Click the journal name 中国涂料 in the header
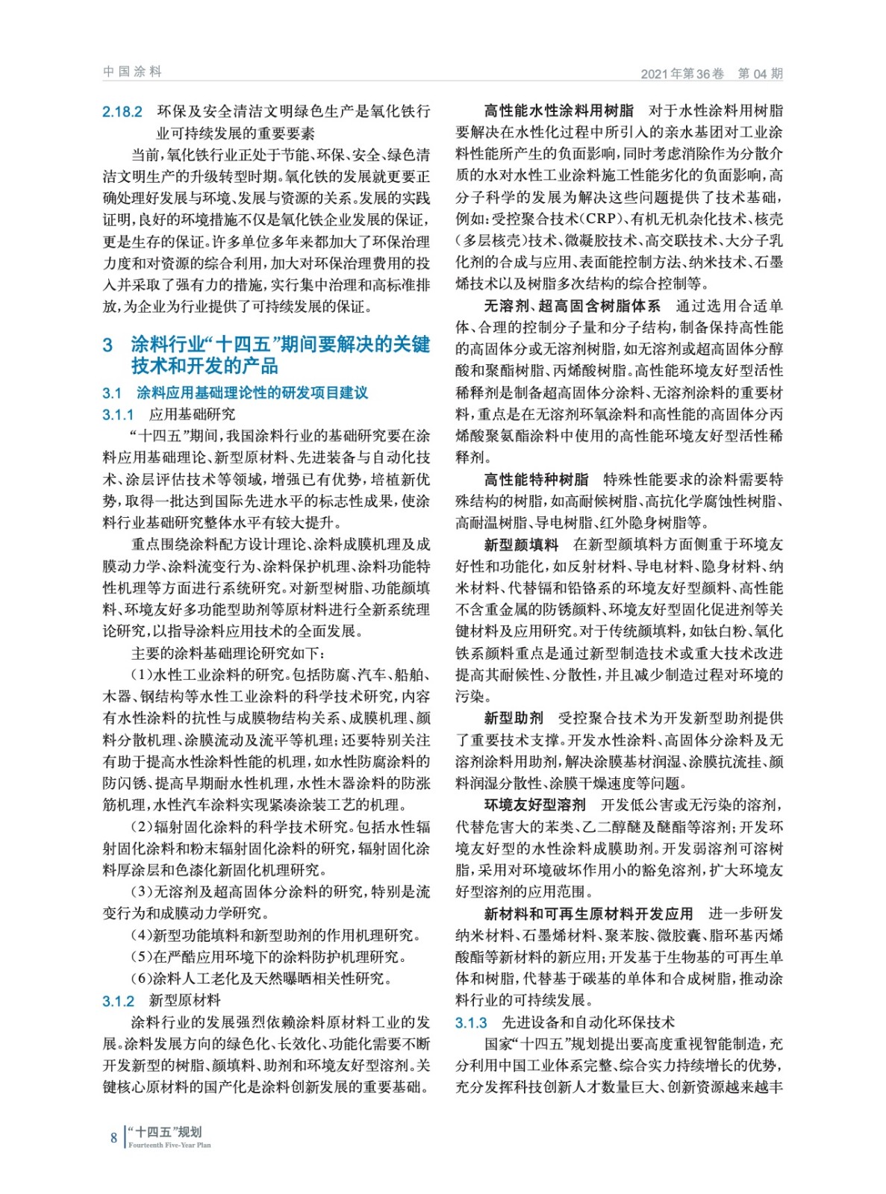(x=132, y=72)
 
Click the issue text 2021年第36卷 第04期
(x=711, y=73)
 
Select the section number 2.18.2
(x=122, y=112)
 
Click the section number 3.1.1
(x=118, y=414)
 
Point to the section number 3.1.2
(x=118, y=1001)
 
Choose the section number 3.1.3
(x=471, y=1022)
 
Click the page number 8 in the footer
(x=113, y=1137)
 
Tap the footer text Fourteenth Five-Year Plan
(x=169, y=1145)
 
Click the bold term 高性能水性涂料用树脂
(x=558, y=111)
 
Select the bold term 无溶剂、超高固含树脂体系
(x=573, y=306)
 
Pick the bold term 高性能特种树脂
(x=536, y=479)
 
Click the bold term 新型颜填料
(x=521, y=545)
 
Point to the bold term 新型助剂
(x=514, y=718)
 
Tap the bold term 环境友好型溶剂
(x=535, y=804)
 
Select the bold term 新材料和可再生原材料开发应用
(x=588, y=913)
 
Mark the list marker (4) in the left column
(x=142, y=935)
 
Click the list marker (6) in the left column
(x=142, y=978)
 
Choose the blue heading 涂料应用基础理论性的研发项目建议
(x=252, y=393)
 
